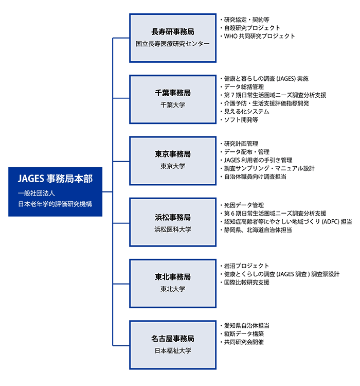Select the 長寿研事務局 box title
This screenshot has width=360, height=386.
coord(173,31)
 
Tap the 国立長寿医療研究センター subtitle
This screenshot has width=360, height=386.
coord(173,44)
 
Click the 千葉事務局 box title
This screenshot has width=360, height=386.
coord(173,93)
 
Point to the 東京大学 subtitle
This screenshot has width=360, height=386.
coord(173,166)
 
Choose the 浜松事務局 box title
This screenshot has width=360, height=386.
coord(173,216)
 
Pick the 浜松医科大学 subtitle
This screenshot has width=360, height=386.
coord(173,229)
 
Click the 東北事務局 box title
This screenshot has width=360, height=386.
coord(173,277)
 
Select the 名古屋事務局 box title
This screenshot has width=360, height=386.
coord(173,338)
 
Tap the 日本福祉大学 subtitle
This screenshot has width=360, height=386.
coord(173,351)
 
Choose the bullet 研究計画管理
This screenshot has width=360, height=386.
coord(241,144)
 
